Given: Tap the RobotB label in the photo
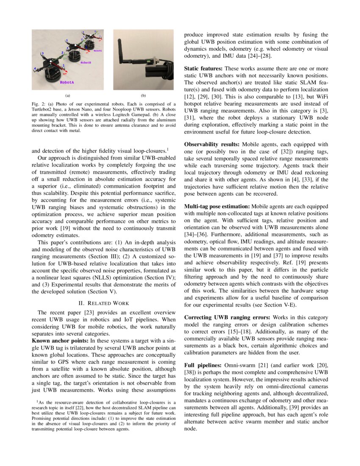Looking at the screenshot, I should coord(86,62).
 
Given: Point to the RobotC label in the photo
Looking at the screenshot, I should coord(98,50).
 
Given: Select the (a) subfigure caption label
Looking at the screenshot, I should coord(67,95).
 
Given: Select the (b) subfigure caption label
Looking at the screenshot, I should coord(143,95).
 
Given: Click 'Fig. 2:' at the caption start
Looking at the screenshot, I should coord(39,104).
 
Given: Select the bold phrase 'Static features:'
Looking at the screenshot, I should coord(203,68).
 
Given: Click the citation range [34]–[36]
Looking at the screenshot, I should coord(197,233).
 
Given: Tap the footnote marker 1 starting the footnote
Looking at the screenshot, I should coord(37,401).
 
